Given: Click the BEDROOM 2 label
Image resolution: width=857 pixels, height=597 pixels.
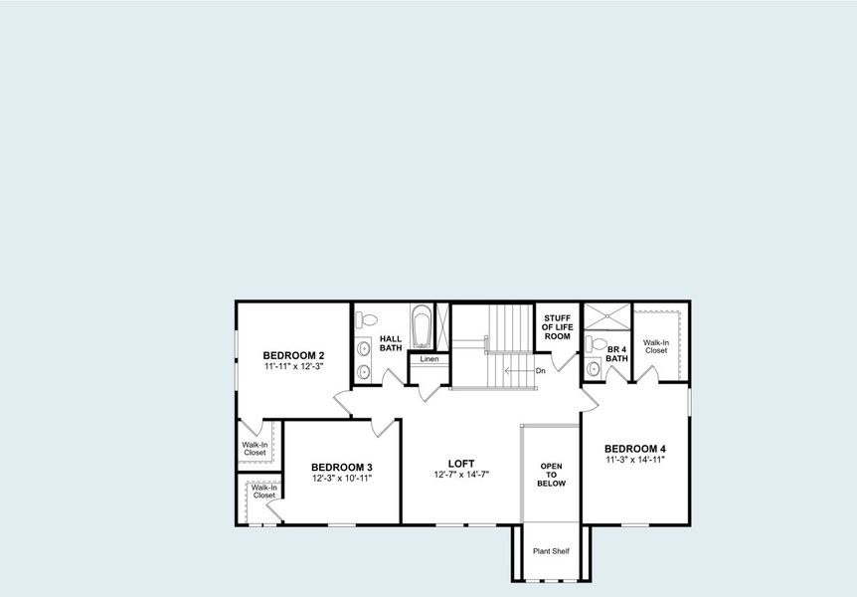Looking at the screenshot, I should [x=293, y=355].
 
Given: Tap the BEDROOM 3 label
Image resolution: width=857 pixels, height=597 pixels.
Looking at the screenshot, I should [x=341, y=468].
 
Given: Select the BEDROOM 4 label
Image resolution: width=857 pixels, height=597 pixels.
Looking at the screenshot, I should [x=634, y=449].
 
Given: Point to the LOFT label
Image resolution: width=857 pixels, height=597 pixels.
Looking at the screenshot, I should [x=460, y=463].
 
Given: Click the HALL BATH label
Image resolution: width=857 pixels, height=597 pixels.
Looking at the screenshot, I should [x=391, y=343].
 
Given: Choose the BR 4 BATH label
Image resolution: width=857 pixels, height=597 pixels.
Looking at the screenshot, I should [x=616, y=353].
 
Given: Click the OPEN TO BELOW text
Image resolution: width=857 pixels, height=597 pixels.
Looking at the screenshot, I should [x=552, y=475].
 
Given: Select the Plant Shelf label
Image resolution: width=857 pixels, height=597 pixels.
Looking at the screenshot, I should [x=551, y=550].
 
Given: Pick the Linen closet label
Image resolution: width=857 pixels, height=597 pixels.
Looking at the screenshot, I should [x=429, y=359].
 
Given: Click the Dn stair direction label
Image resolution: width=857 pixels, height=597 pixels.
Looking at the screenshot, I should [x=540, y=371].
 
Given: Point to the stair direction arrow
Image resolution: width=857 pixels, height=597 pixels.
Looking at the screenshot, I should [x=517, y=371].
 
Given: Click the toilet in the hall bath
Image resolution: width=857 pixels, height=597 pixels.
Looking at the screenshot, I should [x=367, y=320].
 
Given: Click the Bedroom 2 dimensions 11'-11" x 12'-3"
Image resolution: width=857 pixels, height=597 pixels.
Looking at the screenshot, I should [x=293, y=367].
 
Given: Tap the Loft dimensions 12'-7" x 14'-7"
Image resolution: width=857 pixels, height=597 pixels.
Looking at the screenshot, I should [x=460, y=475].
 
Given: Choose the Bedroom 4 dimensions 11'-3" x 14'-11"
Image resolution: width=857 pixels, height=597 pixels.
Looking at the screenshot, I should [x=634, y=461].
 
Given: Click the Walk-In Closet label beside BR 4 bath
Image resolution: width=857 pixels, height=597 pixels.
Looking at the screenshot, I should [x=655, y=346].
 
